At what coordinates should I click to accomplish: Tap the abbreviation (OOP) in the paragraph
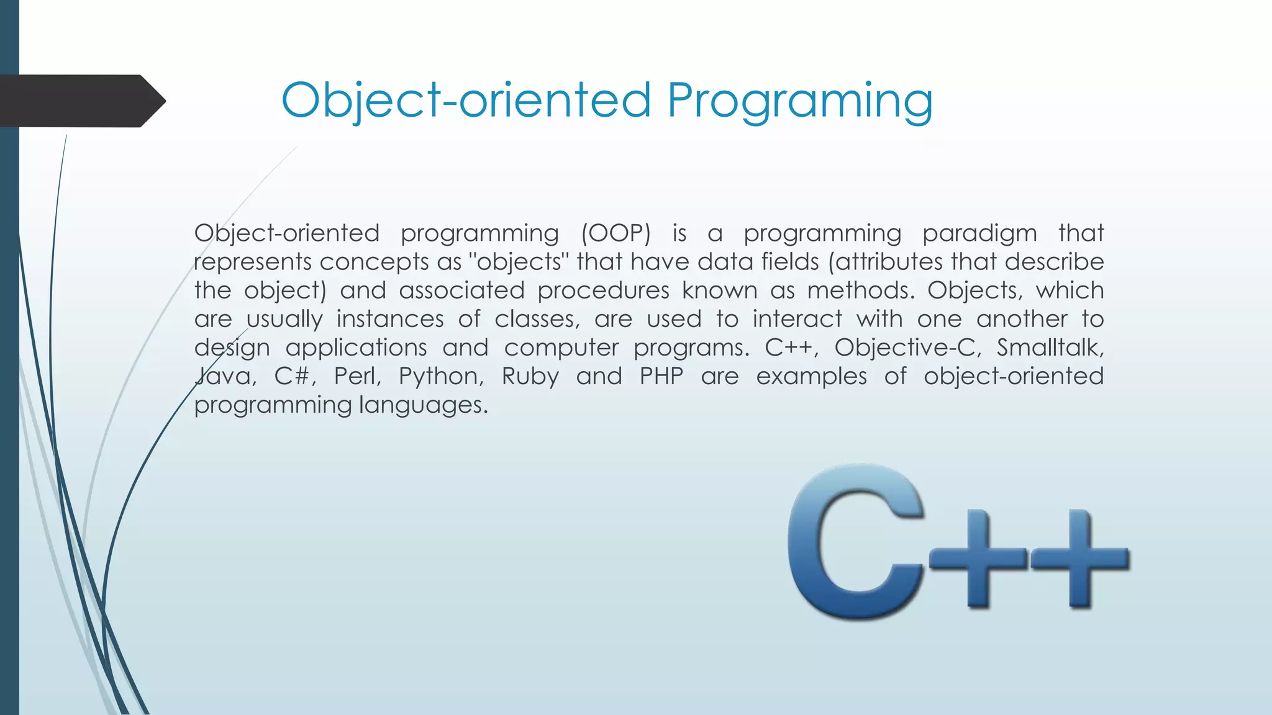click(x=616, y=233)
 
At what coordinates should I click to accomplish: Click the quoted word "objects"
click(x=519, y=262)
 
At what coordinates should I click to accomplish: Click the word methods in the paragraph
click(x=861, y=290)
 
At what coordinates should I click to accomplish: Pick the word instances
click(x=390, y=319)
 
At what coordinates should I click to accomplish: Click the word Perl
click(x=357, y=376)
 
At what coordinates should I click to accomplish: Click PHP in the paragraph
click(x=661, y=376)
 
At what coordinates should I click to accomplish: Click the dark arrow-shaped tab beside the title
click(x=81, y=101)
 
